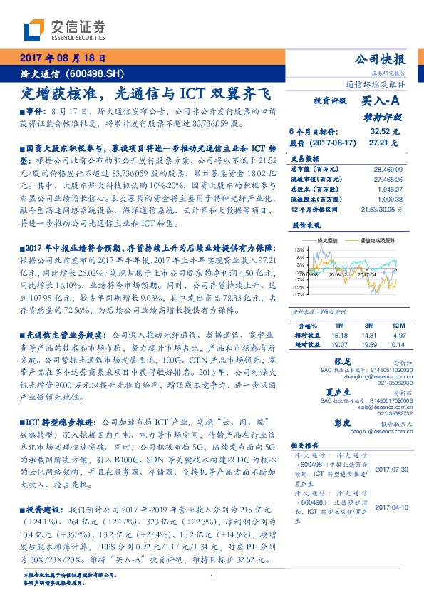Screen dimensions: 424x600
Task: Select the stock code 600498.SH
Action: [x=95, y=73]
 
